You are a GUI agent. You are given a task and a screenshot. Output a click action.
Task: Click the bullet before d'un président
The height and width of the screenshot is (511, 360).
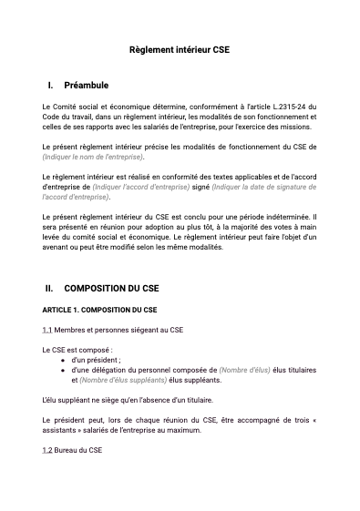[62, 360]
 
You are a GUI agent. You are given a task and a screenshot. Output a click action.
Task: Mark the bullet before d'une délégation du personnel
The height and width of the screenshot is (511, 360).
[62, 370]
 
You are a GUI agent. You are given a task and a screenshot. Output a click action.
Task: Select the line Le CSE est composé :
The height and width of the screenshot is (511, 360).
[77, 349]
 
